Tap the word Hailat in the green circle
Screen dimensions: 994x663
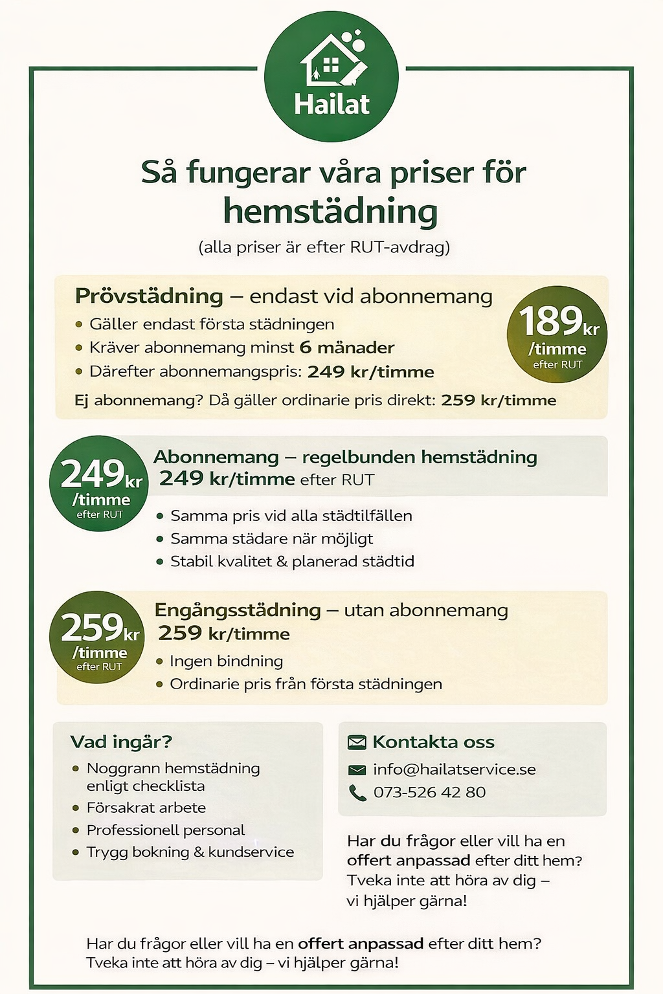331,104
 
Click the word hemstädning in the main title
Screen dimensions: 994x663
330,212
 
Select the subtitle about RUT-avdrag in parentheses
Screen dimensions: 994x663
324,247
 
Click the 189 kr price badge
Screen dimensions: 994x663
557,335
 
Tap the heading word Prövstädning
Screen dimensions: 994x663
149,296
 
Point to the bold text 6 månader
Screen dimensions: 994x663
346,348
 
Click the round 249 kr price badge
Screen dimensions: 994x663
98,483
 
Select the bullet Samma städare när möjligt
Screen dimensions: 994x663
271,538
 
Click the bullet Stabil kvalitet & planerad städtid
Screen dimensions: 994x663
291,561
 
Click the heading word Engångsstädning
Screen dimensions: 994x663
238,610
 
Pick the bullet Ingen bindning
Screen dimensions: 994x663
226,661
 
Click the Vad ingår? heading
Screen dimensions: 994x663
121,742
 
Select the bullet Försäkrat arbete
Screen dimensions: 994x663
146,808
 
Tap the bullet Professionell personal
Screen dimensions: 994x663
166,830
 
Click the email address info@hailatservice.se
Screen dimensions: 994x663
455,769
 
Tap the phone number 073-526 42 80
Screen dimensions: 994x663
429,792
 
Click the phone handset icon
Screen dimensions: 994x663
357,793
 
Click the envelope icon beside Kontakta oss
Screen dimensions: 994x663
357,742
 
